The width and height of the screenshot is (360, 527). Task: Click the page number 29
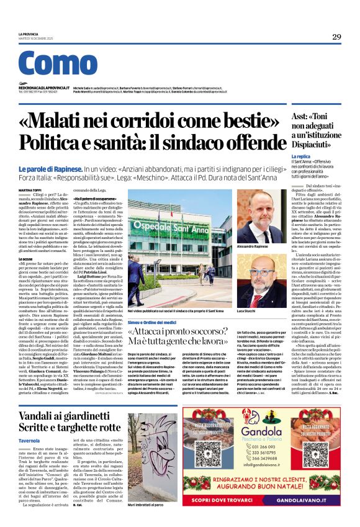click(x=336, y=37)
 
